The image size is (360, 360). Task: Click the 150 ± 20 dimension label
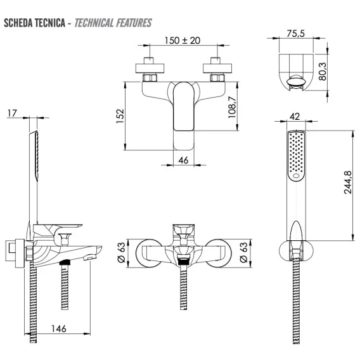coord(183,41)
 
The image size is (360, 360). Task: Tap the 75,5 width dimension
coord(296,34)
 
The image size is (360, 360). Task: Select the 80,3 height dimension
coord(323,72)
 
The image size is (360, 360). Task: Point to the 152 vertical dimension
coord(120,116)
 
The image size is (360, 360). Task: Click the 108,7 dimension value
coord(232,107)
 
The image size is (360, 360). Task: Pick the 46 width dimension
coord(183,160)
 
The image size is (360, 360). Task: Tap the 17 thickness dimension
coord(13,113)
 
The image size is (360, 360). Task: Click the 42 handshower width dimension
coord(295,117)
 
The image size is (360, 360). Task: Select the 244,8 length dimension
coord(348,183)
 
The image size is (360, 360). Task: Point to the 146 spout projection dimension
coord(59,328)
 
